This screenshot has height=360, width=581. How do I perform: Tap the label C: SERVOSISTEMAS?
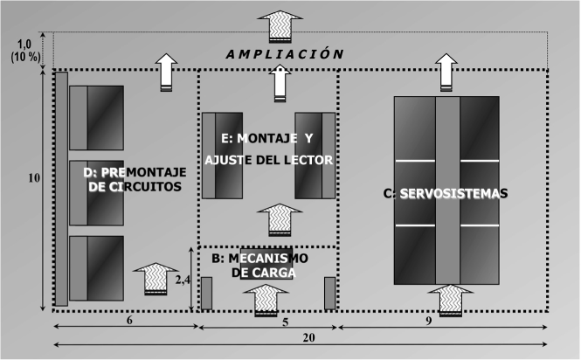coord(446,193)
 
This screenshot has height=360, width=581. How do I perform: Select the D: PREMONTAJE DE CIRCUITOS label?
coord(134,180)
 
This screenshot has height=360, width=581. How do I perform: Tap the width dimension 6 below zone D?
coord(128,320)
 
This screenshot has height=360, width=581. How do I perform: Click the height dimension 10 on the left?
coord(33,178)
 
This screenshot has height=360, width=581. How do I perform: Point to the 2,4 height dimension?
coord(182,280)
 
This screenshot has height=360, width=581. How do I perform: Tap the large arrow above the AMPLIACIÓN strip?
coord(281,26)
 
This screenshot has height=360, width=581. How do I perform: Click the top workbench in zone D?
coord(97,117)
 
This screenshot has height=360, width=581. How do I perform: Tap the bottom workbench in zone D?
coord(97,267)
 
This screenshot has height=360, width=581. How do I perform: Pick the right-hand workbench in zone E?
coord(315,155)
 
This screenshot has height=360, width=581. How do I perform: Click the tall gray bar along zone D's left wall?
coord(61,188)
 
